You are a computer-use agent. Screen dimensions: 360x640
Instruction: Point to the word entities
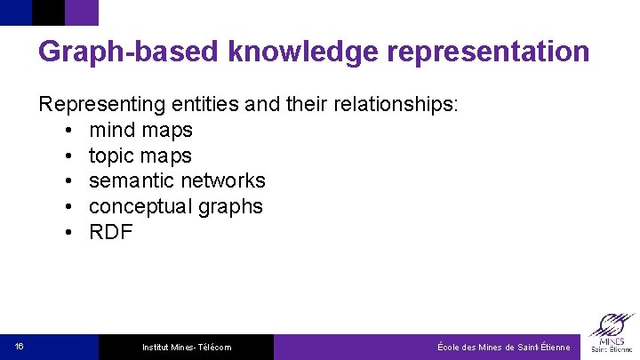tap(204, 104)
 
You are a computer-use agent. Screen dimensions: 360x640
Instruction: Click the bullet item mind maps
tap(140, 130)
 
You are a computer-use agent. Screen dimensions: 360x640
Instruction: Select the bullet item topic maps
tap(140, 156)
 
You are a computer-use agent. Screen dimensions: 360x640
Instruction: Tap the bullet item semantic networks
tap(177, 180)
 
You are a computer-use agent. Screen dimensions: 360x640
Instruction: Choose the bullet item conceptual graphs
tap(176, 206)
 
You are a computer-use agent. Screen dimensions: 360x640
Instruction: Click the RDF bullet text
tap(111, 232)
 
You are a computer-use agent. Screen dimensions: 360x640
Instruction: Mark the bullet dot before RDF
tap(69, 233)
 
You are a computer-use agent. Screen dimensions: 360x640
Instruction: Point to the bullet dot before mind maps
tap(69, 131)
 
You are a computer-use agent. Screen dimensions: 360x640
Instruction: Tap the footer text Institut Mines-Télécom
tap(187, 347)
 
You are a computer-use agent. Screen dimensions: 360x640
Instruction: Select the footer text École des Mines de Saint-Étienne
tap(504, 347)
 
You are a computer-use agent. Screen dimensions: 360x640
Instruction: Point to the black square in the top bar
tap(48, 12)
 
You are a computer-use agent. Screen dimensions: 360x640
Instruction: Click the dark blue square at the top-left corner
tap(15, 12)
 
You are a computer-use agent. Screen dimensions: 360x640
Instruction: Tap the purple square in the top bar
tap(82, 12)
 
